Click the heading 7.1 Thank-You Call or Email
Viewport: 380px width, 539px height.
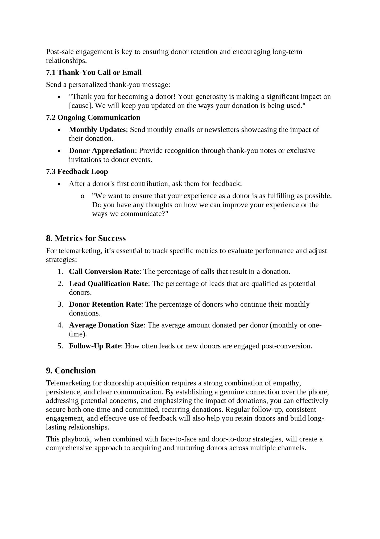[x=94, y=73]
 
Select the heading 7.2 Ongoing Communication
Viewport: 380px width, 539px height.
[x=93, y=117]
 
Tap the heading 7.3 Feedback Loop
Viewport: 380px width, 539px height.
[x=77, y=172]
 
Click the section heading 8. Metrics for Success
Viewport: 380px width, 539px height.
[x=86, y=238]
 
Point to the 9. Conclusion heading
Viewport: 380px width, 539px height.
[x=71, y=370]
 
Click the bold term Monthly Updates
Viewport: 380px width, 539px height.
[x=97, y=130]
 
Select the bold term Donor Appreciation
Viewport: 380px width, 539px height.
[x=102, y=151]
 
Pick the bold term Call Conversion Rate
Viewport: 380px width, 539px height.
[x=104, y=272]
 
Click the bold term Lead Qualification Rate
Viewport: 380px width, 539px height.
[x=109, y=284]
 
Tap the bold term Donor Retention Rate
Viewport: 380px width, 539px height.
[x=105, y=304]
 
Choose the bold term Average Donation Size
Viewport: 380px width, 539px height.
[x=106, y=325]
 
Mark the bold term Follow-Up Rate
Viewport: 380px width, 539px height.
[x=95, y=346]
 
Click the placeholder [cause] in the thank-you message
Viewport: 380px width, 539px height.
[x=81, y=106]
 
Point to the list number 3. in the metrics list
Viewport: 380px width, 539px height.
[x=60, y=304]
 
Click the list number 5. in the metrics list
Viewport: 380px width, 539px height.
[x=60, y=346]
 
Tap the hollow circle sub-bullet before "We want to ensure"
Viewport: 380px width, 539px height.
[x=82, y=196]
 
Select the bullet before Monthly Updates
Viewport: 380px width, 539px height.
[x=59, y=130]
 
